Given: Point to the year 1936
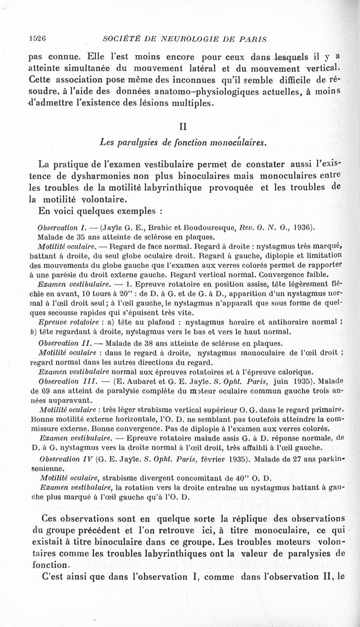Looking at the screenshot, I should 301,228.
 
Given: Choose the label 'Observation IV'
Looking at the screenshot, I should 62,461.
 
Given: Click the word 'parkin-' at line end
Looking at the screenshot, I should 331,461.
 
